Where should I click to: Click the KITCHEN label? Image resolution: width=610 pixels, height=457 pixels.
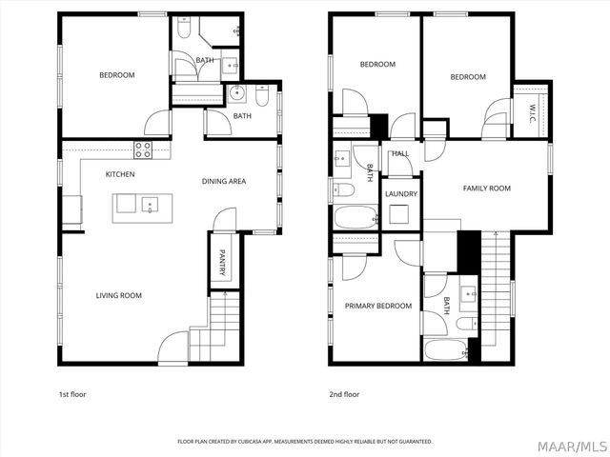pyautogui.click(x=120, y=174)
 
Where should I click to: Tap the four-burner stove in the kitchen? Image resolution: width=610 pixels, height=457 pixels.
pyautogui.click(x=143, y=149)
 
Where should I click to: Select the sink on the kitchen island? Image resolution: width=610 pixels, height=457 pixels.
pyautogui.click(x=149, y=204)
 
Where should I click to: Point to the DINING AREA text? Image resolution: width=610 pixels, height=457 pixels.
pyautogui.click(x=225, y=181)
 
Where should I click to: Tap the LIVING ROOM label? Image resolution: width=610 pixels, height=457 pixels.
pyautogui.click(x=118, y=295)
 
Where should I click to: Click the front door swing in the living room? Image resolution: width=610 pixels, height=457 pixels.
pyautogui.click(x=173, y=347)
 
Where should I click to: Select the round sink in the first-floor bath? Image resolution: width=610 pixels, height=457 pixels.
pyautogui.click(x=237, y=93)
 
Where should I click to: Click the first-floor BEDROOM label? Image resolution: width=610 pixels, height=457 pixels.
pyautogui.click(x=117, y=75)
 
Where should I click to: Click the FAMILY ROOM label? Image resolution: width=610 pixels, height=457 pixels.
pyautogui.click(x=486, y=189)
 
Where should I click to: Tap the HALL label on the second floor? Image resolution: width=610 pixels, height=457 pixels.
pyautogui.click(x=399, y=152)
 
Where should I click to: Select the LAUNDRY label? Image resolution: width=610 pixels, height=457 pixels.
pyautogui.click(x=400, y=194)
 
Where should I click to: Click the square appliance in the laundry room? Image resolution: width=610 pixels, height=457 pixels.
pyautogui.click(x=400, y=215)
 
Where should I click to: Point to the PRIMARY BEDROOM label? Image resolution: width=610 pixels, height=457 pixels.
pyautogui.click(x=378, y=306)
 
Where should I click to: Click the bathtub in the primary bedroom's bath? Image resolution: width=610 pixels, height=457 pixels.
pyautogui.click(x=445, y=349)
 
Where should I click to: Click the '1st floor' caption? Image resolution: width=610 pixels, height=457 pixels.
pyautogui.click(x=72, y=393)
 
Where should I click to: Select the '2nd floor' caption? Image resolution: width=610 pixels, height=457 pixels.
pyautogui.click(x=344, y=393)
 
